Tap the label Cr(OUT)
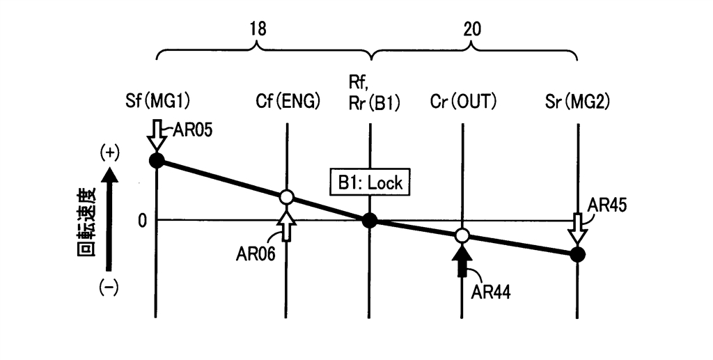tap(462, 102)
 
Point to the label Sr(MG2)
tap(577, 102)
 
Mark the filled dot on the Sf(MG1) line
tap(157, 160)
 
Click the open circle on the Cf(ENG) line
tap(286, 197)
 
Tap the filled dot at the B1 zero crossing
tap(370, 221)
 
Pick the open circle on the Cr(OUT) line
tap(461, 235)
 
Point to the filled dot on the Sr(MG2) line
tap(577, 254)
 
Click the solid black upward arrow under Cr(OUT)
tap(460, 262)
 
